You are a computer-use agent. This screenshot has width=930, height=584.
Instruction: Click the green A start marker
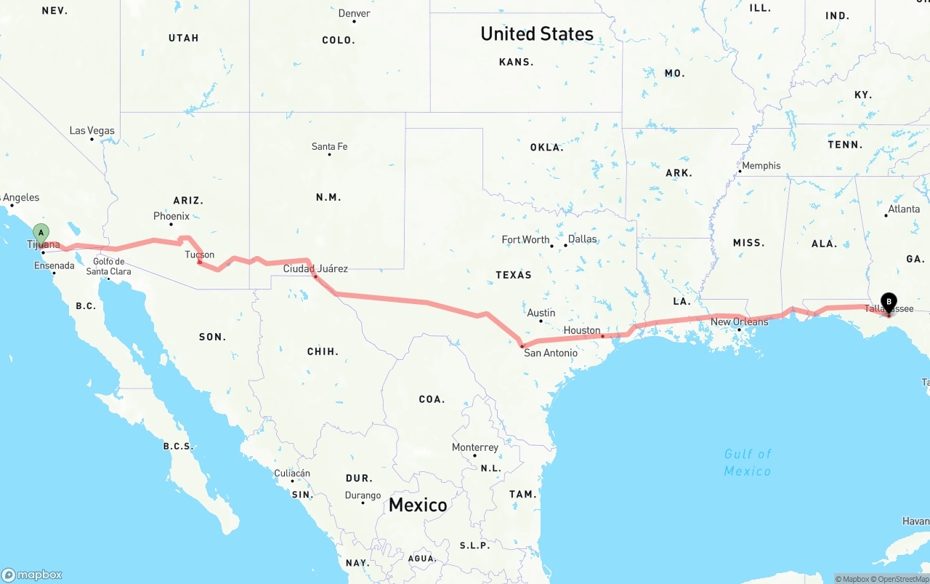tap(41, 234)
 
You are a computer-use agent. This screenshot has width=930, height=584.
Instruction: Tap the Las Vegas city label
tap(92, 131)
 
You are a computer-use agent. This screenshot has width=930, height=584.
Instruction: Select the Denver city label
tap(354, 14)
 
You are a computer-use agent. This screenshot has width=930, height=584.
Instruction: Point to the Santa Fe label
tap(329, 147)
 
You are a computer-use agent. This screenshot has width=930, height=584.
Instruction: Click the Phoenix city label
tap(171, 216)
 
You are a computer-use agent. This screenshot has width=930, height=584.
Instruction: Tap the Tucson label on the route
tap(199, 255)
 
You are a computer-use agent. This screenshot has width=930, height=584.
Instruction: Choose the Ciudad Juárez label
tap(315, 269)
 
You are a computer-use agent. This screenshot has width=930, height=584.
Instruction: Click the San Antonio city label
tap(551, 353)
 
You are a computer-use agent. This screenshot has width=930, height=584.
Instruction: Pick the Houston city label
tap(582, 330)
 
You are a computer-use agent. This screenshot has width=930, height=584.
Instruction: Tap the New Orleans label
tap(739, 322)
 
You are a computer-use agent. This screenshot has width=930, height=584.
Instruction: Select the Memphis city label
tap(761, 166)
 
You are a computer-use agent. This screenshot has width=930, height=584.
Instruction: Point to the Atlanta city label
tap(903, 209)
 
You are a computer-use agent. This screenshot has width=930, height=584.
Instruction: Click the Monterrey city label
tap(474, 447)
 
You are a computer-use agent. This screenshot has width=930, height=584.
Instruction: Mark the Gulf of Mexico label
tap(748, 463)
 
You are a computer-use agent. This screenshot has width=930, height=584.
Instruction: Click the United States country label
tap(537, 33)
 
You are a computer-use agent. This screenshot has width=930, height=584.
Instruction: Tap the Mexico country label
tap(418, 505)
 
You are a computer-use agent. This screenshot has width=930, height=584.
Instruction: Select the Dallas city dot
tap(565, 245)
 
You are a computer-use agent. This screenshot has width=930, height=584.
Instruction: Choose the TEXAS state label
tap(514, 275)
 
